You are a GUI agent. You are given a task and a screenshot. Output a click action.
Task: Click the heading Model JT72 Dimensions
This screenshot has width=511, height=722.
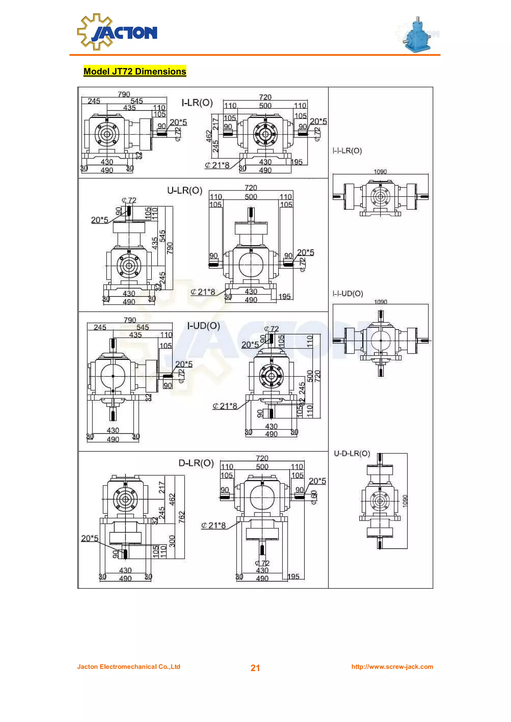[x=134, y=72]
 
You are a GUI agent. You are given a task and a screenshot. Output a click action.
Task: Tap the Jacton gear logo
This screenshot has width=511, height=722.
[x=117, y=32]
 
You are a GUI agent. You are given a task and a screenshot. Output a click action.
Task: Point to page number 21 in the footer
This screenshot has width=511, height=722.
[x=255, y=668]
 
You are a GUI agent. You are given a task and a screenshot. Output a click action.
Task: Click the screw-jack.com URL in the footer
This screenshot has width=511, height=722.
[x=392, y=667]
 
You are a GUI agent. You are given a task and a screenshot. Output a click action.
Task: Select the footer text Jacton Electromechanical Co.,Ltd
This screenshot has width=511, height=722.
[x=129, y=667]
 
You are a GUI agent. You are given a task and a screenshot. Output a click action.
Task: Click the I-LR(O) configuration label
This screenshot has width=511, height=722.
[x=197, y=103]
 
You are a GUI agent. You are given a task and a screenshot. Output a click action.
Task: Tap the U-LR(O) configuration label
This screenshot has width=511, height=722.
[x=184, y=190]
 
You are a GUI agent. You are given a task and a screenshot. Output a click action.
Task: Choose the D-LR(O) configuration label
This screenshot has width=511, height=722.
[x=196, y=463]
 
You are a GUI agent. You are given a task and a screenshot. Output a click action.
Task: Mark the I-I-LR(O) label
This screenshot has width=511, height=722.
[x=347, y=151]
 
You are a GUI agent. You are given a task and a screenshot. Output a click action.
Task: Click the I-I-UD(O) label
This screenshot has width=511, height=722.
[x=348, y=294]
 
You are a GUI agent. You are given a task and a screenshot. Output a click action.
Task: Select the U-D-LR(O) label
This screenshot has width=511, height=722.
[x=352, y=453]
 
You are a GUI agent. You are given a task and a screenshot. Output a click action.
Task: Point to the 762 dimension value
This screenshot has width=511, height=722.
[x=182, y=517]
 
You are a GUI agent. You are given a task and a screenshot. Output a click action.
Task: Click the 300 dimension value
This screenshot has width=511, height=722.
[x=172, y=541]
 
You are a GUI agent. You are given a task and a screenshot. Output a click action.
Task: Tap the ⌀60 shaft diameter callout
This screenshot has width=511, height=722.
[x=314, y=498]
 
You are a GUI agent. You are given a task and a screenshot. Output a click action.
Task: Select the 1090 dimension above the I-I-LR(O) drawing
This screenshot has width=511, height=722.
[x=380, y=171]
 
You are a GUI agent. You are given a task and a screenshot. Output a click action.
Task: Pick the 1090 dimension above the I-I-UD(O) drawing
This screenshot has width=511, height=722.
[x=380, y=302]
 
